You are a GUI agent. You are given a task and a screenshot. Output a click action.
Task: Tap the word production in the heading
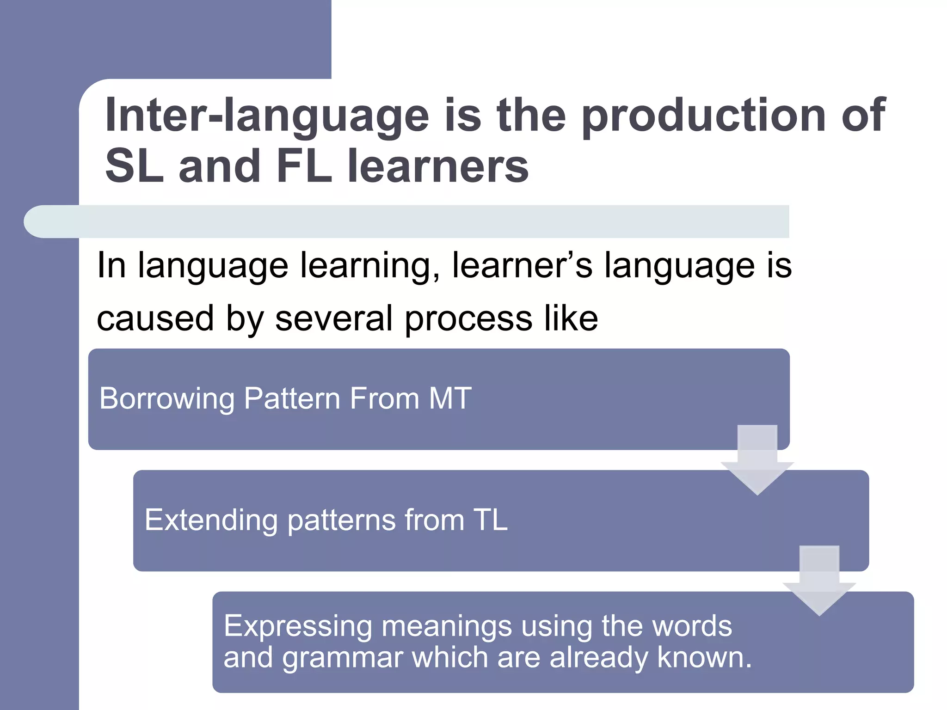[x=703, y=116]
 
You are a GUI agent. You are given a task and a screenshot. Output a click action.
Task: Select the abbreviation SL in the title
[x=134, y=166]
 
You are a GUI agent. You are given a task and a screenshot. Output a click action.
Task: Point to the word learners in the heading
[x=437, y=166]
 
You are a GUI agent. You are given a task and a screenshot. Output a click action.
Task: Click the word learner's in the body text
[x=522, y=266]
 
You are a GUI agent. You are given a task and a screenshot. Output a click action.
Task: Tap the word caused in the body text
[x=155, y=319]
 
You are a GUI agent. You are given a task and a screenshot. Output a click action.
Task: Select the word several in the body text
[x=333, y=319]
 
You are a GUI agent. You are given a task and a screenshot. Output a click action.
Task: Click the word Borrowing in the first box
[x=167, y=399]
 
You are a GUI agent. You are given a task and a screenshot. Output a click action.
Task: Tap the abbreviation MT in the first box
[x=450, y=398]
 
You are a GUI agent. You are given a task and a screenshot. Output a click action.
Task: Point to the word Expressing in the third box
[x=298, y=627]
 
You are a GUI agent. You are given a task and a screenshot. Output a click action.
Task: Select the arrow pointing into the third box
[x=819, y=581]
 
